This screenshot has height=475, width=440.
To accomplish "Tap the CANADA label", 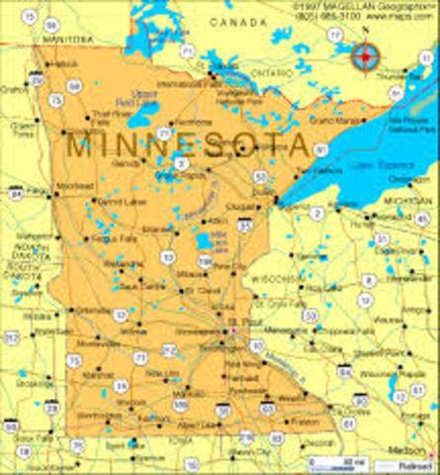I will pyautogui.click(x=246, y=21).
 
